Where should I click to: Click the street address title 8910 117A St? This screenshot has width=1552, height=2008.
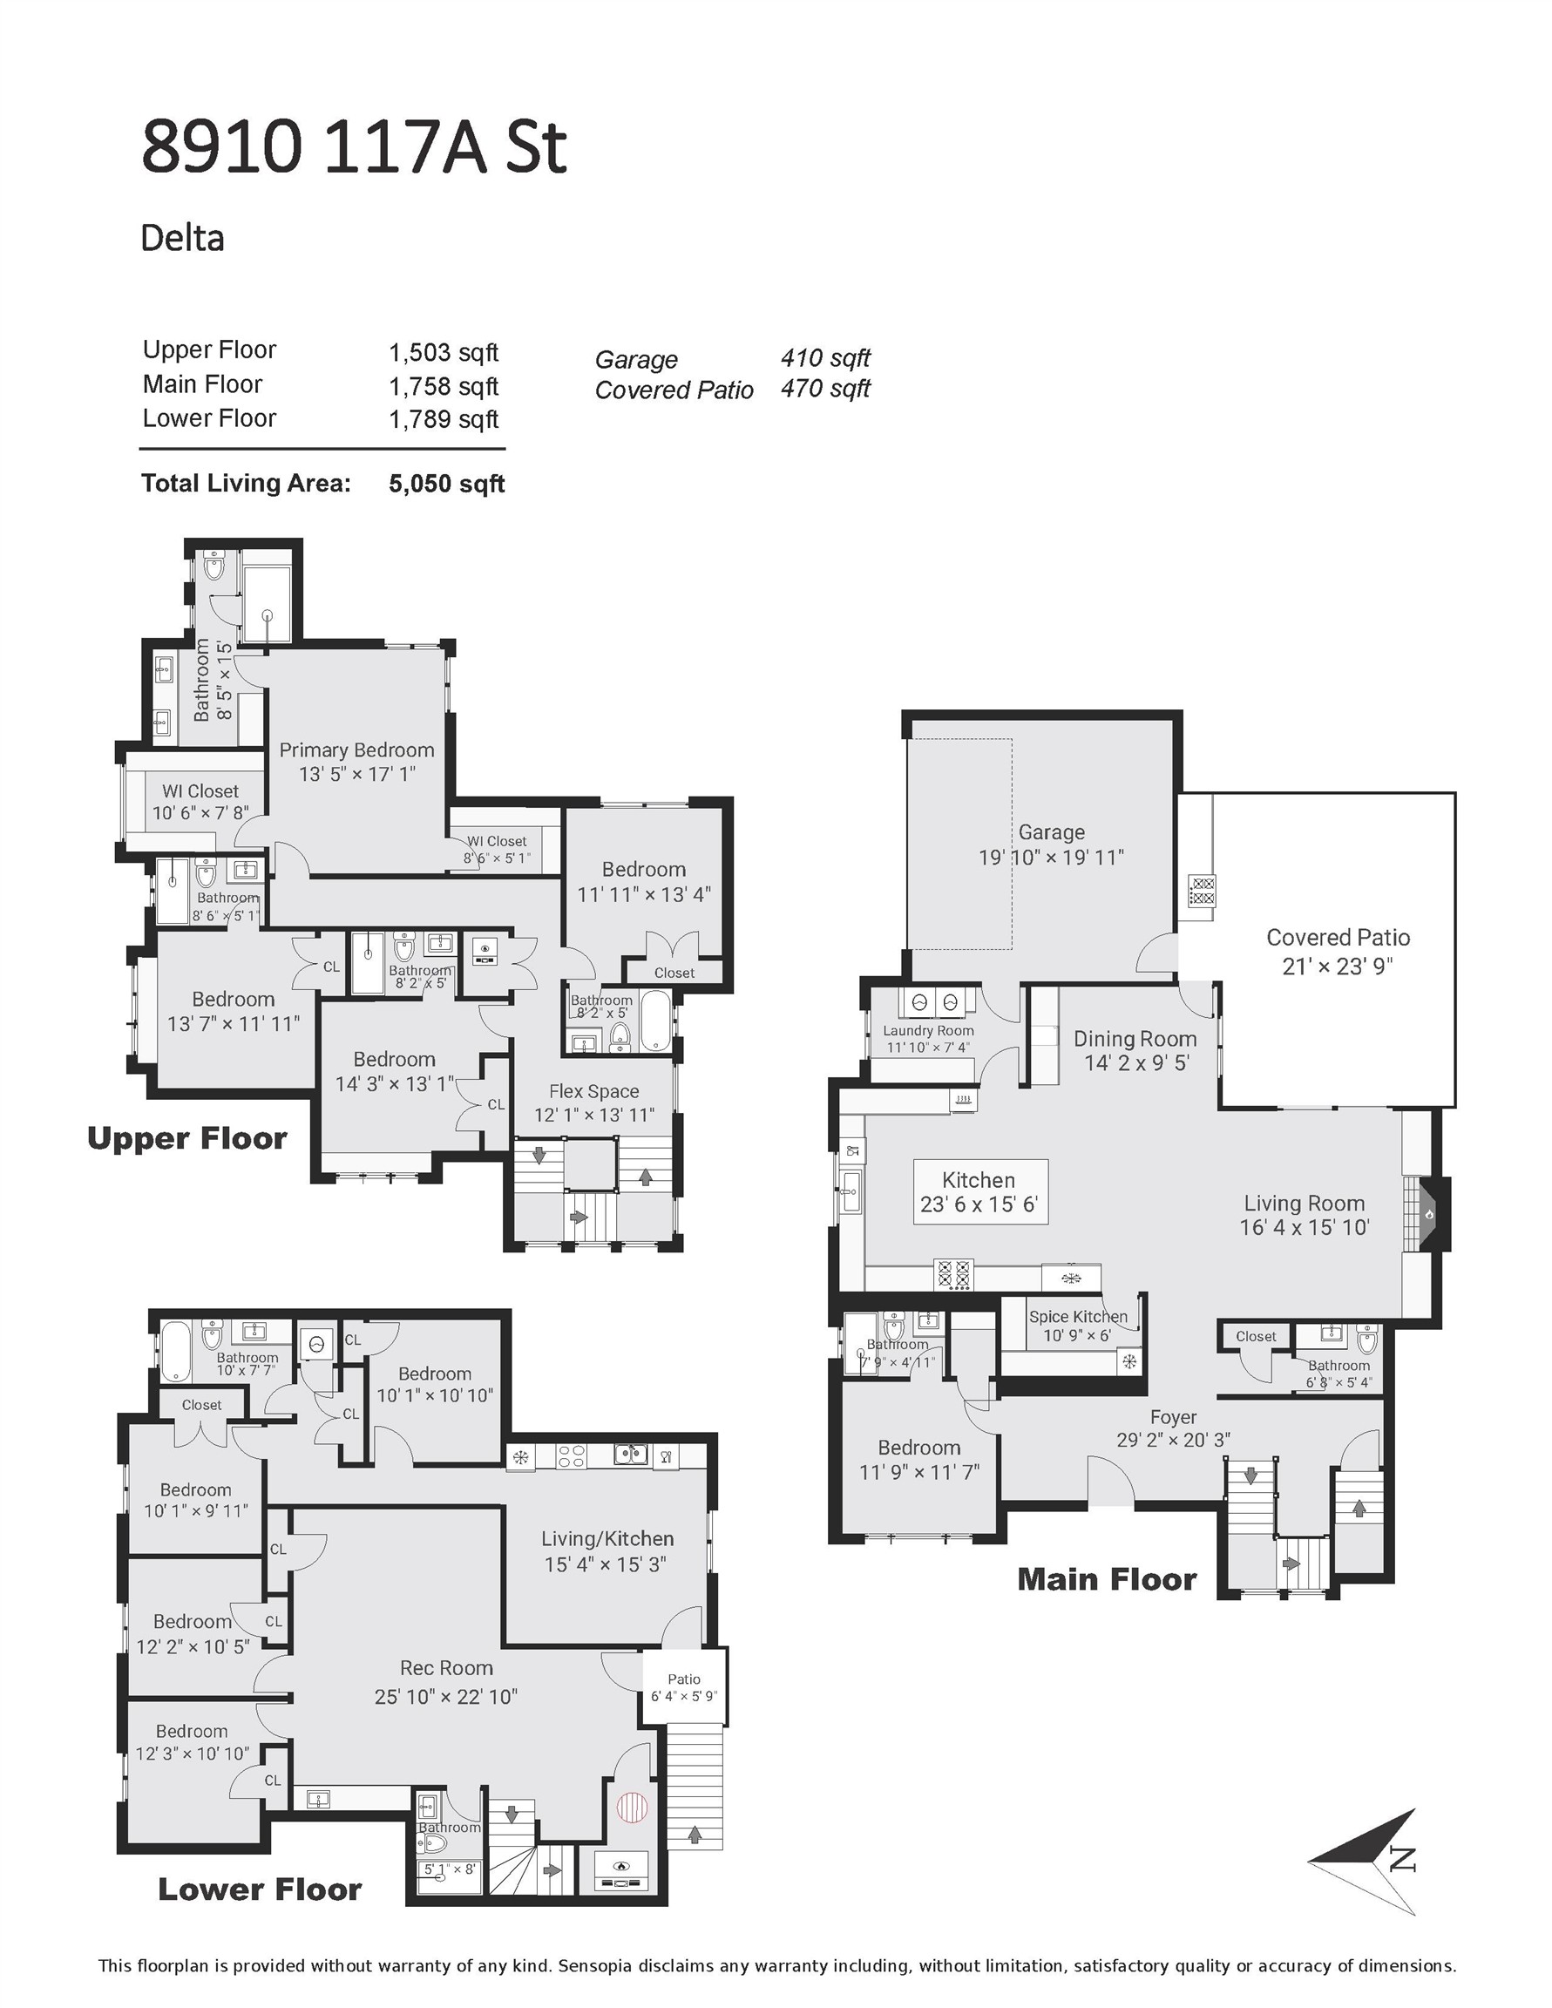(x=354, y=147)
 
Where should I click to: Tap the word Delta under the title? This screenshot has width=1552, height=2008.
(x=182, y=238)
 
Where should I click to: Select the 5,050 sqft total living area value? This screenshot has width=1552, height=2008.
(x=447, y=484)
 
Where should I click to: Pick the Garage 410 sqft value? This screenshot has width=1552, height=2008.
(x=824, y=357)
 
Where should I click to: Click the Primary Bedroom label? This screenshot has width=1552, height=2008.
(x=356, y=750)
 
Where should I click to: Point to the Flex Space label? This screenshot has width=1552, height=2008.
(x=594, y=1091)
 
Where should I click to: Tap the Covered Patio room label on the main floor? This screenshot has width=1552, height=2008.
(x=1338, y=938)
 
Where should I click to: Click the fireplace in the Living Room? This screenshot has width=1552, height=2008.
(x=1428, y=1215)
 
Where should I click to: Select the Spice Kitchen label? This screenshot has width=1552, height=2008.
(x=1078, y=1317)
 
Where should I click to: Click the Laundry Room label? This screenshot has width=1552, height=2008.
(x=928, y=1031)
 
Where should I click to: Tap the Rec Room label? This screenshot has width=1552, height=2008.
(x=446, y=1668)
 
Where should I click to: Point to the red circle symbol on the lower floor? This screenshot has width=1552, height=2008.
(x=632, y=1808)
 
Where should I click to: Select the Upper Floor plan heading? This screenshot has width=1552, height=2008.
(x=186, y=1138)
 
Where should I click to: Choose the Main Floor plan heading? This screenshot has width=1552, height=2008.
(x=1107, y=1579)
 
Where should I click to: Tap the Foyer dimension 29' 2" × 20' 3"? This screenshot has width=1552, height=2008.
(x=1173, y=1440)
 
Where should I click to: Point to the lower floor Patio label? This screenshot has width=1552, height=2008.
(x=684, y=1679)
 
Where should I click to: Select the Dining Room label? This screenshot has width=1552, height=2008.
(x=1135, y=1039)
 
